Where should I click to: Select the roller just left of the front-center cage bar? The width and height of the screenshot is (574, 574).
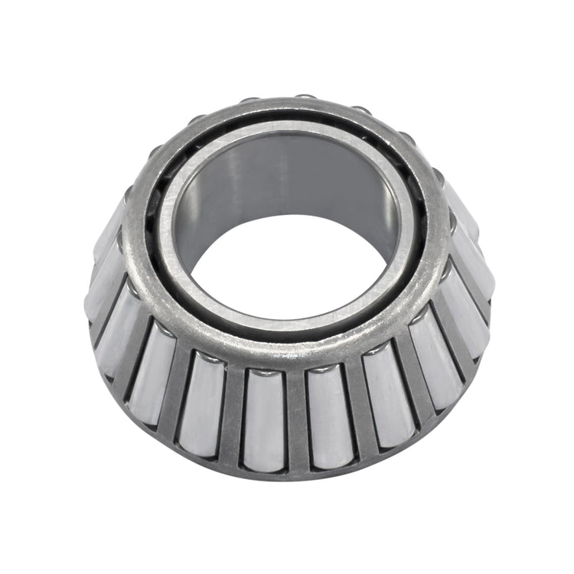point(264,417)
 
